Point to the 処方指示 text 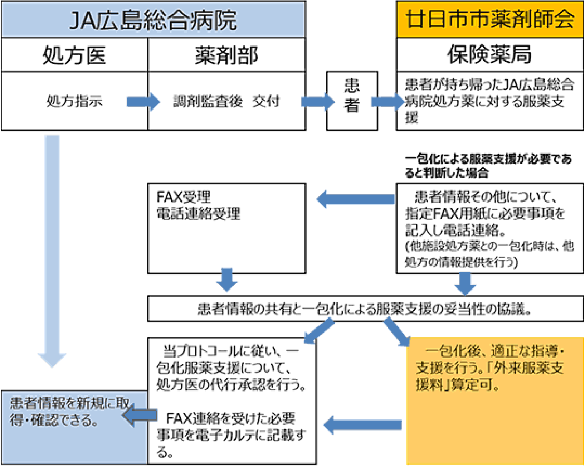click(x=75, y=101)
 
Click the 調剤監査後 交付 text click(x=226, y=101)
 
